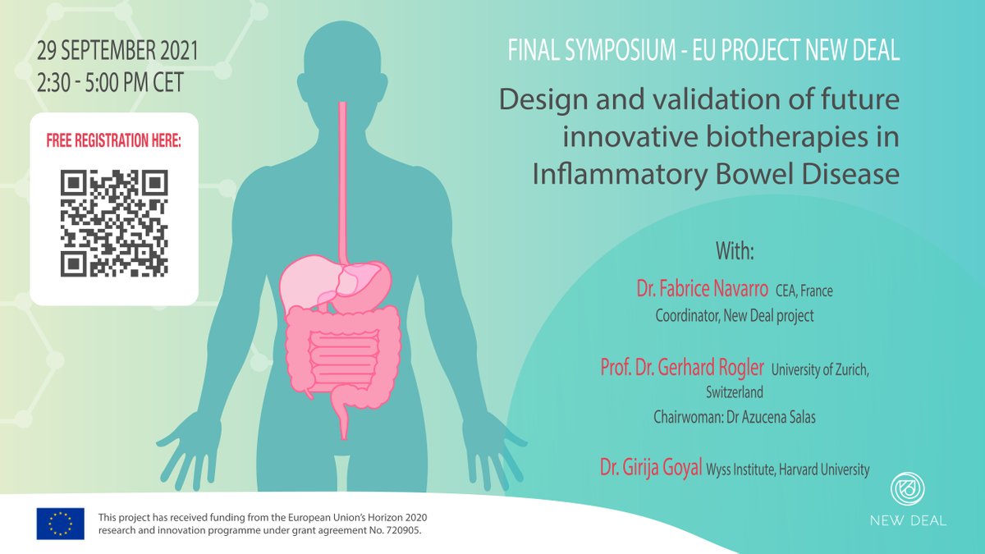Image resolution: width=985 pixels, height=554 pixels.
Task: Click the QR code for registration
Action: (114, 222)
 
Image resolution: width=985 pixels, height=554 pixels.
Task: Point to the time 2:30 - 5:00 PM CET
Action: (110, 82)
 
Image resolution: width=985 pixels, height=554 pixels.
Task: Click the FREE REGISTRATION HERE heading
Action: (114, 140)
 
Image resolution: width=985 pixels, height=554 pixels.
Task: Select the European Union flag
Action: (60, 524)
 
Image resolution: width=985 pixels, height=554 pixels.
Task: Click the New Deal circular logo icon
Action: (908, 491)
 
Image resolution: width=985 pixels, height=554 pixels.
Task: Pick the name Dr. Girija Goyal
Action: (649, 469)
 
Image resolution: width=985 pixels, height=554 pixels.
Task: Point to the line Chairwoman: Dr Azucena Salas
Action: (734, 417)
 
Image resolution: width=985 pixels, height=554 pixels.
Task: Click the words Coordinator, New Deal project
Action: (734, 315)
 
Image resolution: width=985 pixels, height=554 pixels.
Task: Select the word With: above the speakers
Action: (734, 251)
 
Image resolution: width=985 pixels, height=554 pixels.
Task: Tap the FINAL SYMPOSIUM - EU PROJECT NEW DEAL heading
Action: (703, 51)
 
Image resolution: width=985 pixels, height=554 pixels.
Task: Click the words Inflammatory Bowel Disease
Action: (716, 174)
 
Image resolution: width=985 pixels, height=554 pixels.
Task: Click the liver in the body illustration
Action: (309, 282)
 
